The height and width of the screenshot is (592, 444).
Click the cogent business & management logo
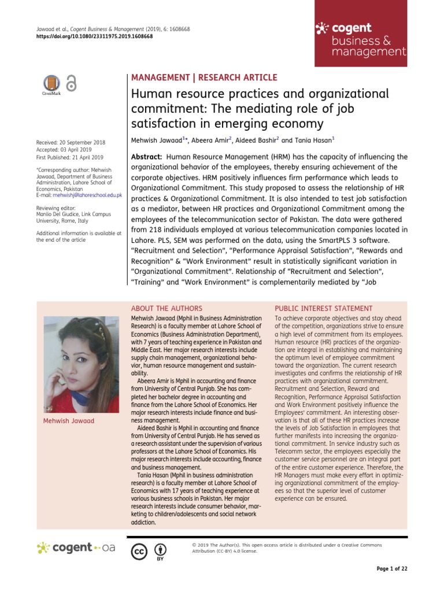pos(360,39)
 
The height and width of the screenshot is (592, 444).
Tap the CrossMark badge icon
pos(51,84)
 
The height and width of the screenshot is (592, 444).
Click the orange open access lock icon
pos(71,83)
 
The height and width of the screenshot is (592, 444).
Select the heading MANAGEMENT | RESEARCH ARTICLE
pos(205,77)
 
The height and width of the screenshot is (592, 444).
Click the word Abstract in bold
pos(147,157)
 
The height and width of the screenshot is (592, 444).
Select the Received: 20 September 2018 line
pos(71,142)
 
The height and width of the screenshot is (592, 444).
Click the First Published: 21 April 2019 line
pos(69,157)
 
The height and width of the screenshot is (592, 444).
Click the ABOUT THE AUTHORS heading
pos(166,308)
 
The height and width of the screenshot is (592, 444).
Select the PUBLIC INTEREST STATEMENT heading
pos(323,308)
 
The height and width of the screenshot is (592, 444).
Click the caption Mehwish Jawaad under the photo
pos(69,420)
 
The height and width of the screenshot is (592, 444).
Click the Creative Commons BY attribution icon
pos(160,550)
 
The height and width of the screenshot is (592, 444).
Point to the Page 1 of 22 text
pos(391,569)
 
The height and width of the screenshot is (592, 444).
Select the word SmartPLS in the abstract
pos(327,239)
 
